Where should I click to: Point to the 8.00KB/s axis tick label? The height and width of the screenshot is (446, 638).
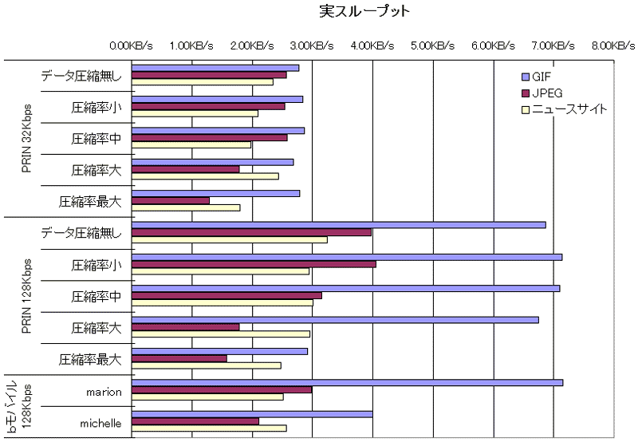(x=612, y=46)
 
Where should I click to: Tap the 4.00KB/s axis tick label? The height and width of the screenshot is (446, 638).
(x=372, y=46)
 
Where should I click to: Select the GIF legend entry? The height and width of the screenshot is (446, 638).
(x=541, y=77)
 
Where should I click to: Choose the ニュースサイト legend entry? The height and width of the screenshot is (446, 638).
(x=563, y=109)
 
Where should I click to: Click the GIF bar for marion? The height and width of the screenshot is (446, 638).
(x=347, y=383)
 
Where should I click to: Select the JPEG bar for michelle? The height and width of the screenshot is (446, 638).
(x=195, y=421)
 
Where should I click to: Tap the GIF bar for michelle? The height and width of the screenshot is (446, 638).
(x=252, y=414)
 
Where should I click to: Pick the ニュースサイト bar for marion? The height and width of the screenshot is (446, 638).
(x=207, y=397)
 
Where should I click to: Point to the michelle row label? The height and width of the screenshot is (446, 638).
(x=101, y=424)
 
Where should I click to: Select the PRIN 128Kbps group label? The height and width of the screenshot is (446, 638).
(x=27, y=295)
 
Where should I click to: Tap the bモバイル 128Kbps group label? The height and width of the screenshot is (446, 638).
(x=22, y=407)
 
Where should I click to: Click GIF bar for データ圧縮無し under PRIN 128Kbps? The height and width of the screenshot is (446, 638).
(x=338, y=225)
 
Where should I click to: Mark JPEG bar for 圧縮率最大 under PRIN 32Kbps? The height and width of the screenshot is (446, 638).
(x=171, y=200)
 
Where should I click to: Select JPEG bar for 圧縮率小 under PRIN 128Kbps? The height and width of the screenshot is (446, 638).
(x=254, y=263)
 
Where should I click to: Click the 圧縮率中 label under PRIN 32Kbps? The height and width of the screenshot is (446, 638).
(x=96, y=138)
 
